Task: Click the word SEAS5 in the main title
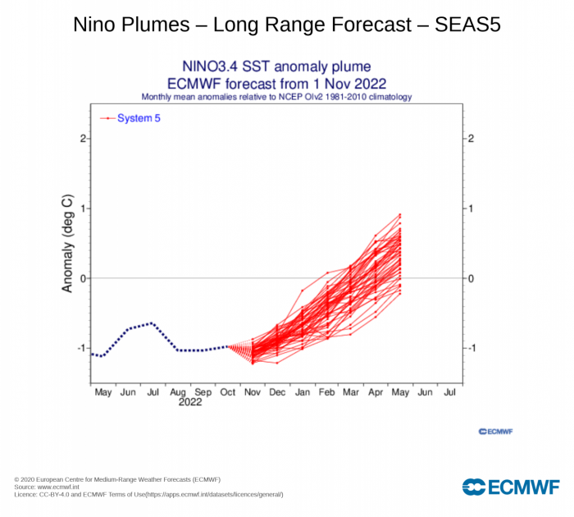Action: point(467,25)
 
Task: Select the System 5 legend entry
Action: point(130,118)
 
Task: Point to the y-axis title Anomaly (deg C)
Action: point(68,243)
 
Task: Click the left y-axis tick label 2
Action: point(84,139)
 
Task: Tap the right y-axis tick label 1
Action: point(471,208)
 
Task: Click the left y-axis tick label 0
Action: point(84,278)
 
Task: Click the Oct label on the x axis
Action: point(228,392)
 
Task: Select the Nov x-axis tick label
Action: point(253,392)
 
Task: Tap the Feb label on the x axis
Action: point(326,392)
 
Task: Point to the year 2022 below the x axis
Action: point(190,402)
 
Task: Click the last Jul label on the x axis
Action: point(449,392)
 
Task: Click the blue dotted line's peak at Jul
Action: point(152,323)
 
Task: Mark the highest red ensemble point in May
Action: point(400,214)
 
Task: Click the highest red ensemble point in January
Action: point(303,291)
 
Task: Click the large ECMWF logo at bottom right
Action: point(511,487)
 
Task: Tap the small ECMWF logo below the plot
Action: point(495,432)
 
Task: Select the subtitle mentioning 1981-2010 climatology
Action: point(277,97)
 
